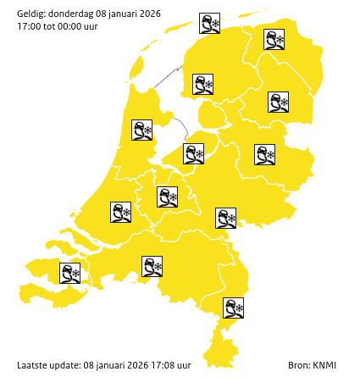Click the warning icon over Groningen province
pyautogui.click(x=274, y=39)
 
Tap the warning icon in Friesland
pyautogui.click(x=202, y=84)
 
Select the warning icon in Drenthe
pyautogui.click(x=278, y=103)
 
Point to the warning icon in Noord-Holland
pyautogui.click(x=141, y=130)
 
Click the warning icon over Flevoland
pyautogui.click(x=194, y=153)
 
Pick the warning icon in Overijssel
pyautogui.click(x=265, y=154)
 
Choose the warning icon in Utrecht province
pyautogui.click(x=167, y=197)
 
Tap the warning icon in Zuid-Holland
pyautogui.click(x=121, y=212)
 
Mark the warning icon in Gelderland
pyautogui.click(x=225, y=218)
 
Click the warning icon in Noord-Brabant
pyautogui.click(x=152, y=267)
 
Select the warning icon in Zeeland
pyautogui.click(x=70, y=273)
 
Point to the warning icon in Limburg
pyautogui.click(x=233, y=308)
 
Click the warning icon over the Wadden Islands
pyautogui.click(x=209, y=23)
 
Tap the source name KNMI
pyautogui.click(x=324, y=364)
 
